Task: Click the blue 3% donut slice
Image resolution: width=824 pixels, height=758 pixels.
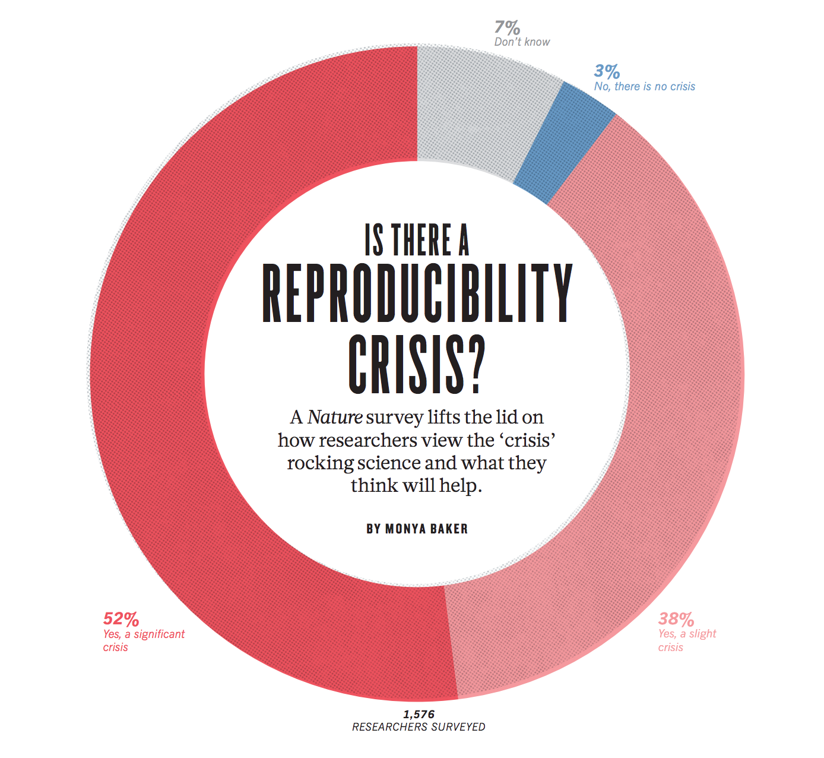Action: (564, 143)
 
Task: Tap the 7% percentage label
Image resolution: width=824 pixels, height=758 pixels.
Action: (507, 28)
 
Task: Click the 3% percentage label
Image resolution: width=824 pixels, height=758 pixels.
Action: (607, 72)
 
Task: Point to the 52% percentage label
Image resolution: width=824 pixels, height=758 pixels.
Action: (121, 619)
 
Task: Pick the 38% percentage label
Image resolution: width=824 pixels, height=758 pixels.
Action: (676, 619)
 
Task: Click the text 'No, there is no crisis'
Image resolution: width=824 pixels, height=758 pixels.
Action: (645, 87)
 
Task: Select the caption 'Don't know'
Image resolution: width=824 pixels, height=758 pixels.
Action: (522, 42)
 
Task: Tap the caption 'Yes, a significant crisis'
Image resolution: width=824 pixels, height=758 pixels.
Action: (144, 640)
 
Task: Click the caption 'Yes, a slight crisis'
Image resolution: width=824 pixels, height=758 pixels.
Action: (687, 640)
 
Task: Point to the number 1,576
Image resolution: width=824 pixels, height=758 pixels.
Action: (419, 714)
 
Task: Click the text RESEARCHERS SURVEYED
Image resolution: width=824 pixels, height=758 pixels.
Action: (419, 727)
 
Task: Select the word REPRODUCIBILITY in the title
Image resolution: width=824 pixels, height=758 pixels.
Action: (417, 293)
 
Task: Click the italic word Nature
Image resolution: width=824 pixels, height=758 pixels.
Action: (335, 417)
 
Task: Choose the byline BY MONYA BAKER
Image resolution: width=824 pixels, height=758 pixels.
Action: (417, 529)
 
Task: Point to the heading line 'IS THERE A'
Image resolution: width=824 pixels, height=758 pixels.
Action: (417, 241)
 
